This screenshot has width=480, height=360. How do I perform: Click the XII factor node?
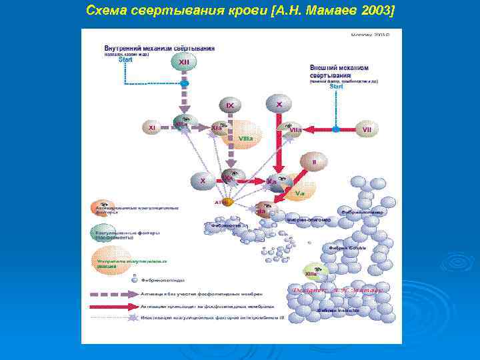pos(184,62)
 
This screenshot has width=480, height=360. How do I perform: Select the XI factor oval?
pos(152,127)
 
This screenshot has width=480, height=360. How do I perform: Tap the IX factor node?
pos(229,105)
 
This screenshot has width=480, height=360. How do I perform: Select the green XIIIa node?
pos(311,271)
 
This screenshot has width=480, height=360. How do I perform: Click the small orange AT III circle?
pos(227,201)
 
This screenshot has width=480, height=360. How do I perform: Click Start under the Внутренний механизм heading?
pos(126,59)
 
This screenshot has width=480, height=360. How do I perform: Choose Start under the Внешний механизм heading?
pos(337,86)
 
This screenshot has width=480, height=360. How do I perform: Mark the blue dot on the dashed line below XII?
pos(185,83)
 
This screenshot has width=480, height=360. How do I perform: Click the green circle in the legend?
pos(101,231)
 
